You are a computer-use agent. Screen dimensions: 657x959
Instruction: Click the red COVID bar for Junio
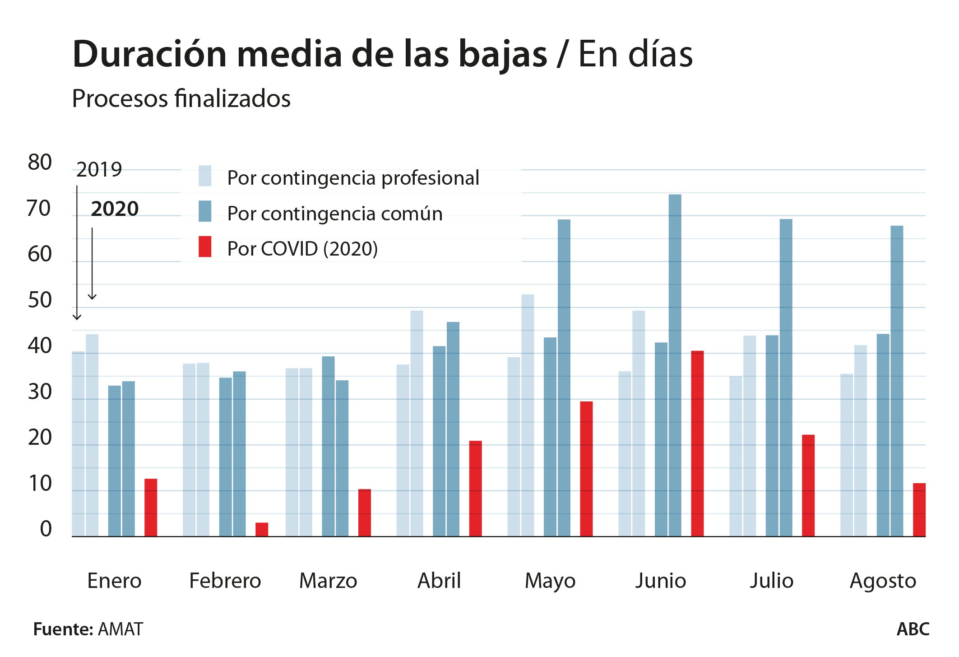697,443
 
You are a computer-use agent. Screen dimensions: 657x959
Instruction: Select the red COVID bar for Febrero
262,529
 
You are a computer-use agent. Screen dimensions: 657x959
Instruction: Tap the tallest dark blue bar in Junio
675,365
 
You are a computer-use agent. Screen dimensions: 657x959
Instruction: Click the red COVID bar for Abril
475,488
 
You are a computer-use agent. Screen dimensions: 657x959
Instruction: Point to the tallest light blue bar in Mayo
528,415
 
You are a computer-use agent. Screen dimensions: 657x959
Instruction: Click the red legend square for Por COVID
205,247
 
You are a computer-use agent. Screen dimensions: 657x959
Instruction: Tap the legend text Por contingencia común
334,214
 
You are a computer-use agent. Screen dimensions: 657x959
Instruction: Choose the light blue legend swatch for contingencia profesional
205,176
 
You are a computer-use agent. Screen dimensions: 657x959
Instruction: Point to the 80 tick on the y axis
40,163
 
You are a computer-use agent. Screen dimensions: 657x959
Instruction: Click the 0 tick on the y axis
46,529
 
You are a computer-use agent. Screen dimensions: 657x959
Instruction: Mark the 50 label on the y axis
40,300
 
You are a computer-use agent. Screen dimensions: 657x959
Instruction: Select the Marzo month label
328,581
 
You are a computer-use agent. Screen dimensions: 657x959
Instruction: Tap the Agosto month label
883,581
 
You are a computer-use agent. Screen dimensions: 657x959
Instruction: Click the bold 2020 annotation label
115,209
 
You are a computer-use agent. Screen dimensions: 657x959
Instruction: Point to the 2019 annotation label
99,170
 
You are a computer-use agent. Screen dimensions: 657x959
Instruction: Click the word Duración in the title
149,54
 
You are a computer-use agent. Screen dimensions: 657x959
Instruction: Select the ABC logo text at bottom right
913,629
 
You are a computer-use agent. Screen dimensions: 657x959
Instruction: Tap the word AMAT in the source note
120,629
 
